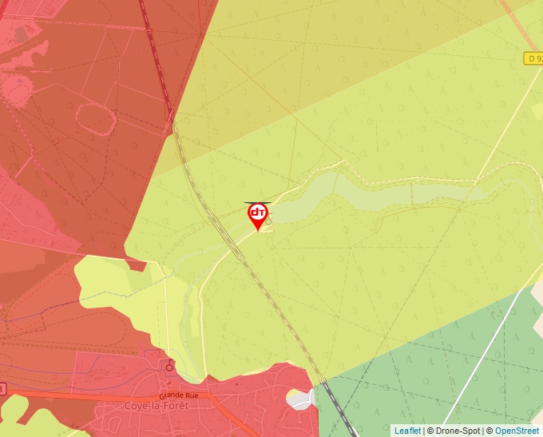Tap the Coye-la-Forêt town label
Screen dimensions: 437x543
click(x=155, y=406)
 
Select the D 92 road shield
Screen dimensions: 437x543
click(x=533, y=58)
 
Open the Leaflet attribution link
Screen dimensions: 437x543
click(x=407, y=431)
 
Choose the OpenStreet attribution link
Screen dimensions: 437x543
click(x=517, y=431)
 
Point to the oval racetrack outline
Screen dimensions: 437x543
click(x=95, y=118)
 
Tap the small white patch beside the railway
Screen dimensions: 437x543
click(x=300, y=399)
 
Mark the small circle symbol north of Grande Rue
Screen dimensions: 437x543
click(x=169, y=367)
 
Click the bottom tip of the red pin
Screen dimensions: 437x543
click(x=257, y=231)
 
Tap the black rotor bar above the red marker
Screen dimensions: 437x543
click(x=257, y=203)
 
